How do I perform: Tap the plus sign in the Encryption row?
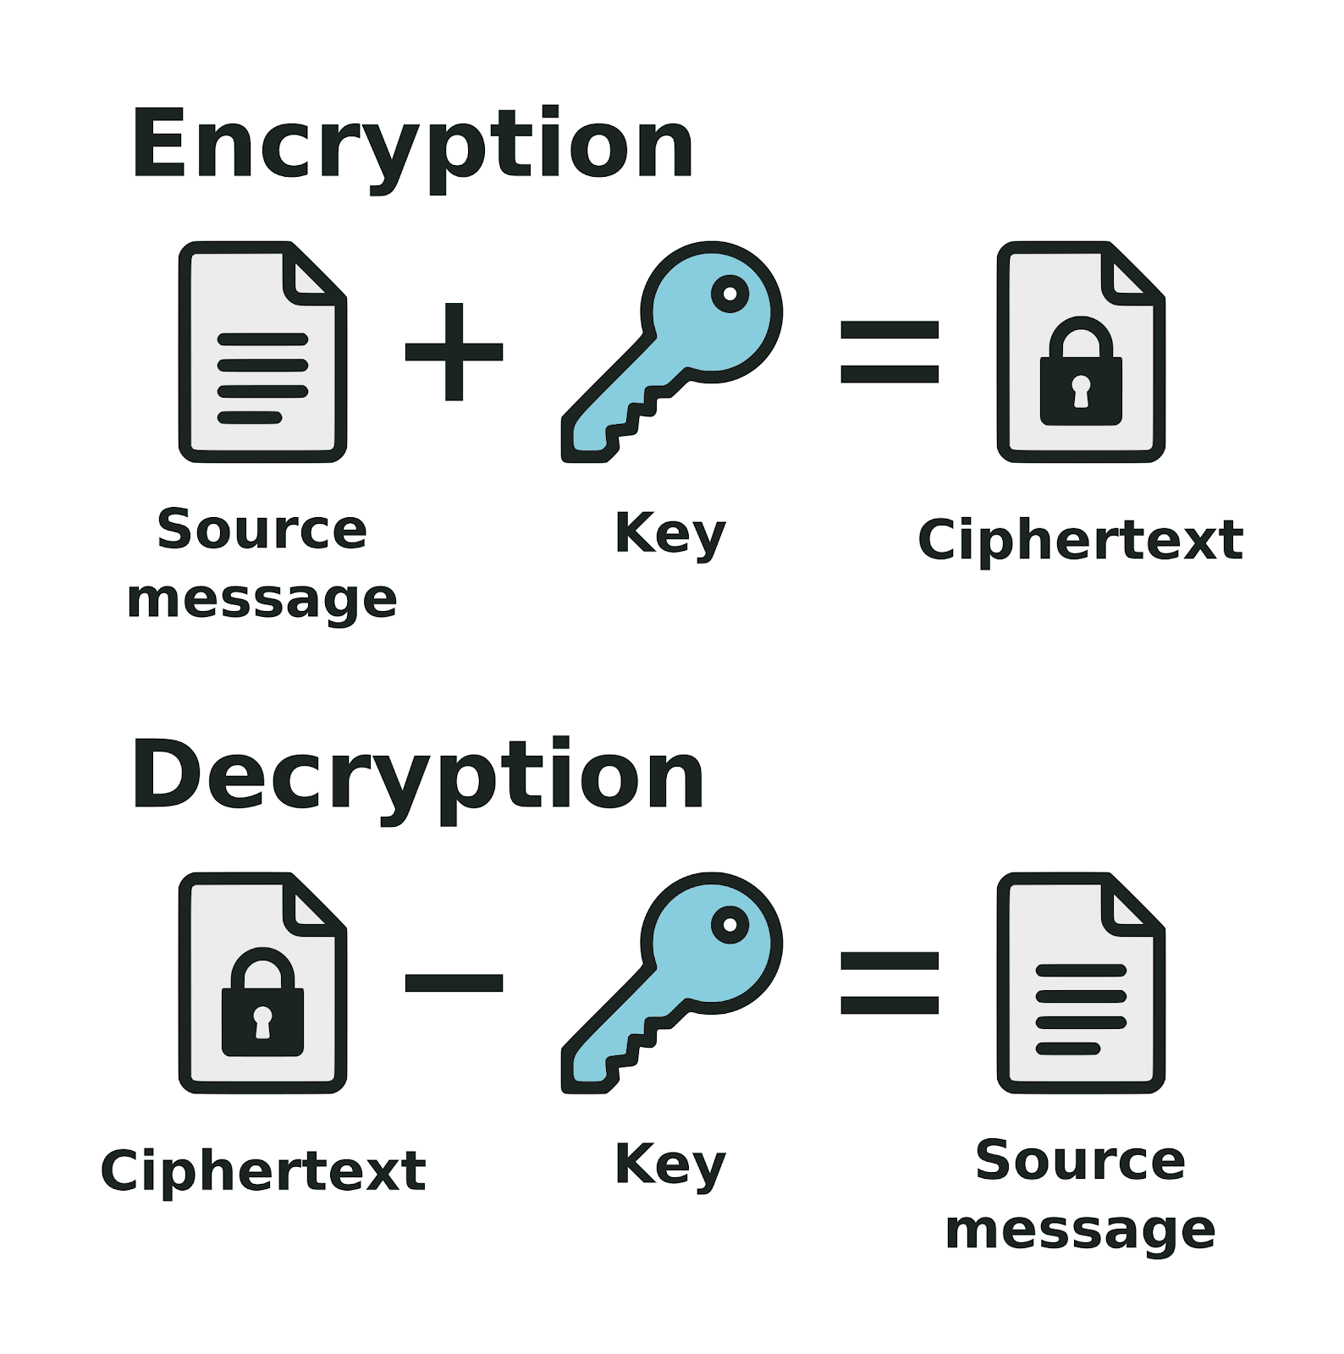(454, 351)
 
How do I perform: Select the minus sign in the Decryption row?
(454, 982)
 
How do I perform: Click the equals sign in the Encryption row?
(890, 351)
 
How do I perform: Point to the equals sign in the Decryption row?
(890, 982)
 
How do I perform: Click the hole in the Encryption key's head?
(730, 294)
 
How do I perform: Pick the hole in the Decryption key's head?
(730, 925)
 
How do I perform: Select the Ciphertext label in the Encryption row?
(1081, 540)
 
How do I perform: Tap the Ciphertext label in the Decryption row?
(262, 1171)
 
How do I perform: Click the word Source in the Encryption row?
(262, 531)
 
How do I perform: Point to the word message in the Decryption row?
(1081, 1230)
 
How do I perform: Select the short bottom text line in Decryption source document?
(1068, 1049)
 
